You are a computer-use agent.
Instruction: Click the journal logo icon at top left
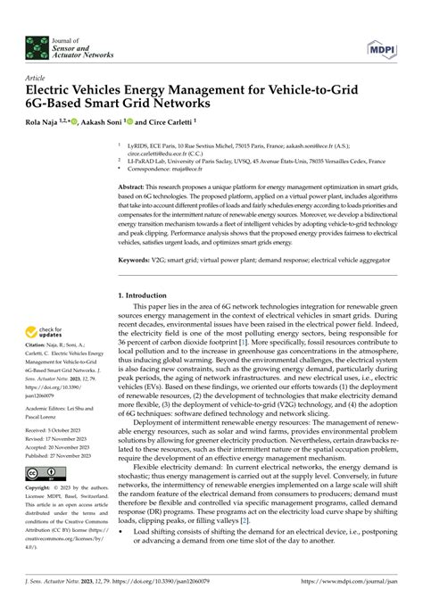click(38, 44)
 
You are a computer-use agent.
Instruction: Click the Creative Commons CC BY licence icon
click(42, 473)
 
